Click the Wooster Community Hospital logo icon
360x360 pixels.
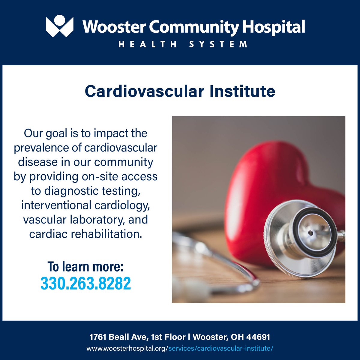pos(59,27)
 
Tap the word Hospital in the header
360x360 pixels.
pos(274,27)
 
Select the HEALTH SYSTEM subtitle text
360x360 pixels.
pos(183,44)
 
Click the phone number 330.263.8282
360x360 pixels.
pos(86,283)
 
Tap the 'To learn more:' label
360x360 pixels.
pos(85,266)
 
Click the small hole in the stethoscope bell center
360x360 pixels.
pos(310,233)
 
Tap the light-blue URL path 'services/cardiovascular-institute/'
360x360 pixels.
pos(220,349)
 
